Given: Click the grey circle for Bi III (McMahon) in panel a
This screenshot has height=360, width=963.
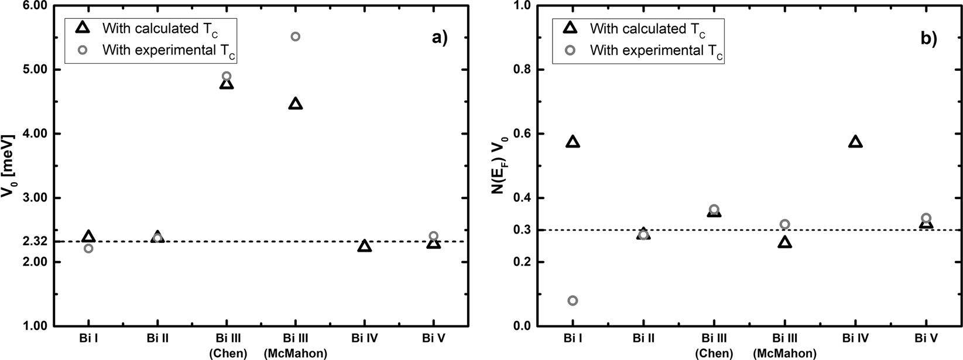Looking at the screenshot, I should (296, 36).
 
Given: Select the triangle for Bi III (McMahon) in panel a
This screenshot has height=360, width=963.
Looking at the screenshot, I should (296, 104).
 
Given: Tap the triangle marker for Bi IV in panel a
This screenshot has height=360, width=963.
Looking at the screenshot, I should (364, 246).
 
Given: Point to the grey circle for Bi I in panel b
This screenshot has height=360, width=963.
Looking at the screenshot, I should (573, 300).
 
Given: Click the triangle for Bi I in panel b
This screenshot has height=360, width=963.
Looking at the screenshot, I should (573, 142).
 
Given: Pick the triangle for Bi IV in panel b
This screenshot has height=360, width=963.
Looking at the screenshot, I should (855, 142).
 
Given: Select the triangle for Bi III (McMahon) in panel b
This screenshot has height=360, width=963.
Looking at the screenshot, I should (784, 242).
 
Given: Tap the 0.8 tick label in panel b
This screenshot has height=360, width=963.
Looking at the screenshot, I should (525, 70).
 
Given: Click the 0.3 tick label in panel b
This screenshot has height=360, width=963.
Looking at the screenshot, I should (525, 230).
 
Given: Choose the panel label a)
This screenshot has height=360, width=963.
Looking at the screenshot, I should (440, 39).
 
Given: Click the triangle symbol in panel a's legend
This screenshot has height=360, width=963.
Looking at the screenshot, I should (83, 28).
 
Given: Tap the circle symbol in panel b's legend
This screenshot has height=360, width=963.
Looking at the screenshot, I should (570, 50).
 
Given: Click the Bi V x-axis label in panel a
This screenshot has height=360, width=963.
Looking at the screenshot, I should (433, 338).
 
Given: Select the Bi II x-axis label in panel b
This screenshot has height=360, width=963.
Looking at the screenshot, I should (643, 338).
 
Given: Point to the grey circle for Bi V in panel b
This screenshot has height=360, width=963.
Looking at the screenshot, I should (926, 218).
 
